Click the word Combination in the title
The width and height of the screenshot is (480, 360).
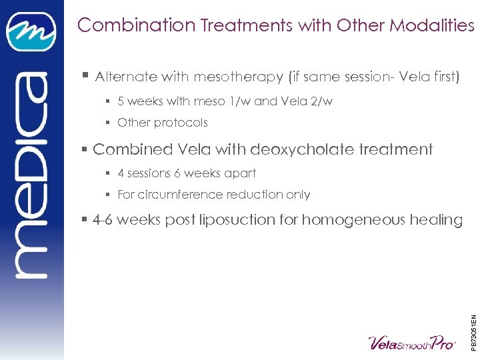point(136,25)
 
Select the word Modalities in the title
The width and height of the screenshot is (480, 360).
point(432,25)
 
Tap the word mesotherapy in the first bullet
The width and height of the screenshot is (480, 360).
point(238,77)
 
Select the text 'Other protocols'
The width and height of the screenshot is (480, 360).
point(163,123)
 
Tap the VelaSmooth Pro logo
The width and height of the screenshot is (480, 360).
point(411,342)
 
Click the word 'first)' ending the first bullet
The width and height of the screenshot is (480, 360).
point(443,77)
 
